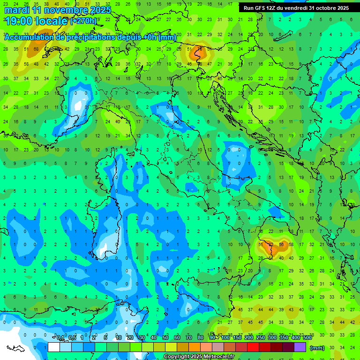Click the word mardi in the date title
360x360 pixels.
tap(17, 10)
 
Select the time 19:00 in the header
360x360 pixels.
tap(20, 21)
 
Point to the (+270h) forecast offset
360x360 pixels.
tap(83, 21)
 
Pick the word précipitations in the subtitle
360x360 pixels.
tap(93, 37)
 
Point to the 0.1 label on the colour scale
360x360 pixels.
tap(60, 338)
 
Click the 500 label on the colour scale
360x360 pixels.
tap(307, 338)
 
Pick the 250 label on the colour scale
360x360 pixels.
tap(260, 338)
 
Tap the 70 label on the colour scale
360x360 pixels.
tap(189, 338)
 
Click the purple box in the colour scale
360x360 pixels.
tap(300, 347)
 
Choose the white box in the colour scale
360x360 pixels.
tap(54, 347)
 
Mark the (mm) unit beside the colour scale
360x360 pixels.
tap(317, 348)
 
